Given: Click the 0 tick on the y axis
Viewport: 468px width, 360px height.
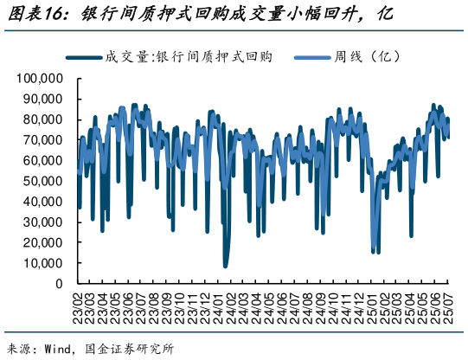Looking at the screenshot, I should tap(59, 284).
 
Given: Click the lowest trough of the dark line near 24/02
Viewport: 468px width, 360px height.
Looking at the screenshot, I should tap(225, 266).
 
